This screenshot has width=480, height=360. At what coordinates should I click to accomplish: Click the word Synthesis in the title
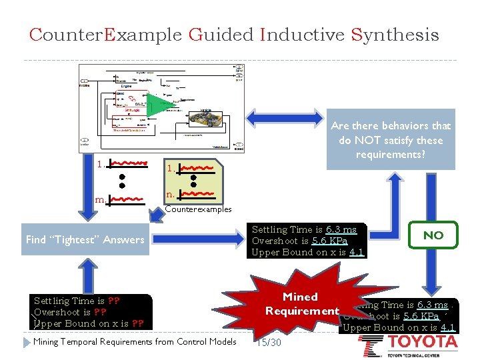point(396,35)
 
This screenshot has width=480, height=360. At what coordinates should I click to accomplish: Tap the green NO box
point(433,235)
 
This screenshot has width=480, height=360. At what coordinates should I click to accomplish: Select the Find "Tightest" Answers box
point(85,239)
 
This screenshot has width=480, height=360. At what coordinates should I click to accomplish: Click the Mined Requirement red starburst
point(301,303)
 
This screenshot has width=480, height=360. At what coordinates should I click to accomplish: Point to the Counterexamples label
point(198,209)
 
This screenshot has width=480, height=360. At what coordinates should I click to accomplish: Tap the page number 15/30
point(269,343)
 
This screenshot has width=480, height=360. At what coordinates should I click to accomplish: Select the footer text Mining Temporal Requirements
point(135,342)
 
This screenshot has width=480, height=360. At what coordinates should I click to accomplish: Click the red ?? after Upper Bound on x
point(138,324)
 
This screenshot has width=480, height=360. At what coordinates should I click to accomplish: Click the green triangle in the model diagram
point(158,104)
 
